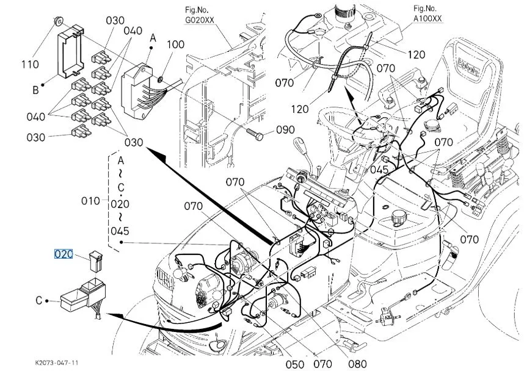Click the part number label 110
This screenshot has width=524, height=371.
[31, 64]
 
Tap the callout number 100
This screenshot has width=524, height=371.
[175, 45]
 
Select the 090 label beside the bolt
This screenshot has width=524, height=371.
[285, 129]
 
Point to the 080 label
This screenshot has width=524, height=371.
[357, 364]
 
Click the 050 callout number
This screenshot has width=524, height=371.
[295, 364]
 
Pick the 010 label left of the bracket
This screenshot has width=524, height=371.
[90, 201]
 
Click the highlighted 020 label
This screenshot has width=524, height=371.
[64, 254]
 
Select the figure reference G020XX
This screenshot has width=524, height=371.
[200, 20]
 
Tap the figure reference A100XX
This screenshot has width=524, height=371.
[428, 18]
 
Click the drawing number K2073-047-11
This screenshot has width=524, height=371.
[56, 362]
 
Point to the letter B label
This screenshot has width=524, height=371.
[35, 90]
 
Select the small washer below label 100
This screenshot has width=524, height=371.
[160, 79]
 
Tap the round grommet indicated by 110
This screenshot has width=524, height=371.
[58, 22]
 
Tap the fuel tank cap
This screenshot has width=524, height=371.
[398, 218]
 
